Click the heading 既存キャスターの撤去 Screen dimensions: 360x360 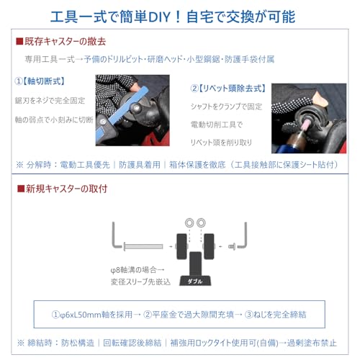coord(65,42)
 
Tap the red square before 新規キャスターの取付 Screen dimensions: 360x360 coord(21,189)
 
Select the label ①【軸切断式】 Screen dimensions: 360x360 coord(40,81)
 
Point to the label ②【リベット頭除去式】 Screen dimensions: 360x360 coord(228,89)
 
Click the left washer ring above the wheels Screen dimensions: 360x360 coord(189,222)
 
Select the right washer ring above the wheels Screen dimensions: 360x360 coord(201,222)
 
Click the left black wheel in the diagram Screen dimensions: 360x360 coord(181,246)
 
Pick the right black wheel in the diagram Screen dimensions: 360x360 coord(209,246)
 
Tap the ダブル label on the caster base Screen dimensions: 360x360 coord(195,282)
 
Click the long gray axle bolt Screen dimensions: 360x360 coord(143,246)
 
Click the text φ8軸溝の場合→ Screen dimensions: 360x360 coord(138,270)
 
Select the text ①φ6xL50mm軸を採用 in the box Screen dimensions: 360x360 coord(92,315)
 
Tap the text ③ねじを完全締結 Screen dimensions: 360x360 coord(276,315)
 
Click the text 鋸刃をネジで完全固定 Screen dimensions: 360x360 coord(50,101)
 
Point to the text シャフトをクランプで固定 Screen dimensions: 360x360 coord(226,107)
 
